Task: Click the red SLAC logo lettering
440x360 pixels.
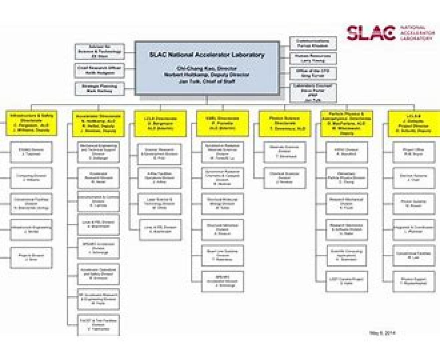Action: click(x=371, y=33)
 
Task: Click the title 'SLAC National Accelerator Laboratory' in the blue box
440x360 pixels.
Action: click(x=206, y=55)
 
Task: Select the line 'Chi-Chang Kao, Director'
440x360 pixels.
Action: click(x=207, y=69)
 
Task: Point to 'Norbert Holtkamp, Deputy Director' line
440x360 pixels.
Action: click(x=207, y=75)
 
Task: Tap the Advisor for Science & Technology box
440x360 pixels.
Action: click(x=100, y=51)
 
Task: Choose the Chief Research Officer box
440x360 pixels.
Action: click(x=100, y=70)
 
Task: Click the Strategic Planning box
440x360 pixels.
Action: click(x=100, y=89)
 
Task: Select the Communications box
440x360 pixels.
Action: click(x=313, y=43)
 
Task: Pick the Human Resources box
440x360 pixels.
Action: click(x=313, y=58)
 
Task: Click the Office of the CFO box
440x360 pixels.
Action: click(x=313, y=73)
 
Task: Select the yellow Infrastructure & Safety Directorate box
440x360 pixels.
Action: click(x=31, y=123)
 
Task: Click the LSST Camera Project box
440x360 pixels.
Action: click(x=346, y=281)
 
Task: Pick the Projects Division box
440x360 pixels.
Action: click(x=31, y=258)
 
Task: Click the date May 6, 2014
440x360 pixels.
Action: click(x=382, y=333)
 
